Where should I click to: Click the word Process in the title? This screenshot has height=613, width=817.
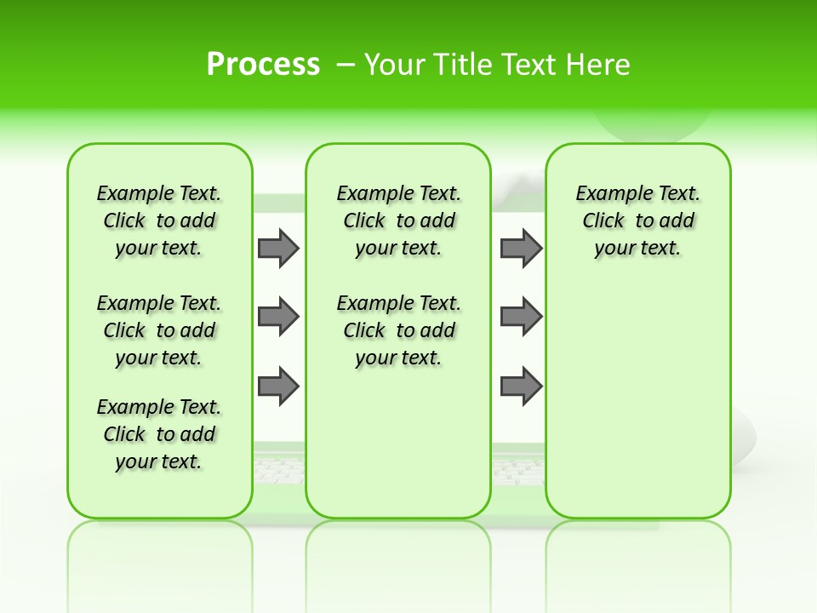point(263,65)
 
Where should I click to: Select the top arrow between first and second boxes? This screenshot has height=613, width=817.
point(278,248)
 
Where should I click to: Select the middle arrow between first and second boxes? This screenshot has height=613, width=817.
point(278,317)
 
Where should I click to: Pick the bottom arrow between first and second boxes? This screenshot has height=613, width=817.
point(278,386)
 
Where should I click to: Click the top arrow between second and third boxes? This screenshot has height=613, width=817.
point(521,248)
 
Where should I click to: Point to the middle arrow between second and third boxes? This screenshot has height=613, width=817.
point(521,317)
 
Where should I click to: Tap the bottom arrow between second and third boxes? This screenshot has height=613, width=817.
point(521,386)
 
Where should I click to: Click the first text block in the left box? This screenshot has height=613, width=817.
point(159,221)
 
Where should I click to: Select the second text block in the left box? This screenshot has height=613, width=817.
point(159,330)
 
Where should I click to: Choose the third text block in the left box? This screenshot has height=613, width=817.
point(159,434)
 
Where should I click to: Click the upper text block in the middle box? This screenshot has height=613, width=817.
point(398,221)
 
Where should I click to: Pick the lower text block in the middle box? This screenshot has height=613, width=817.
point(398,330)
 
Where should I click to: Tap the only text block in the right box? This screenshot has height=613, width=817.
point(637,221)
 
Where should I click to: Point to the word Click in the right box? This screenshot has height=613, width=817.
point(603,221)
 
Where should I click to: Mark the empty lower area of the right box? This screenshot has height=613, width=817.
point(637,400)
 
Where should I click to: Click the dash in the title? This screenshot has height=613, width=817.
point(346,65)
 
